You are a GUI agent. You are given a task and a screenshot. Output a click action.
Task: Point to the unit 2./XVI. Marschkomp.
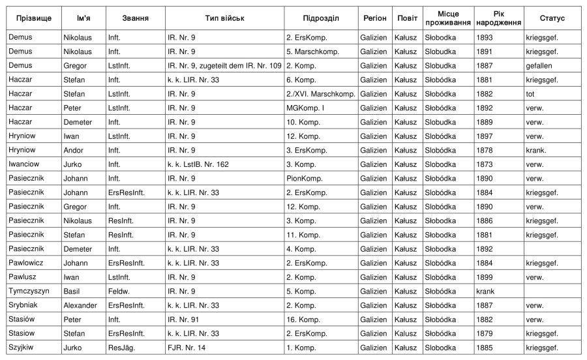(x=320, y=94)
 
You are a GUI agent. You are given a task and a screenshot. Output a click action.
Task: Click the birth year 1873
(x=485, y=164)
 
